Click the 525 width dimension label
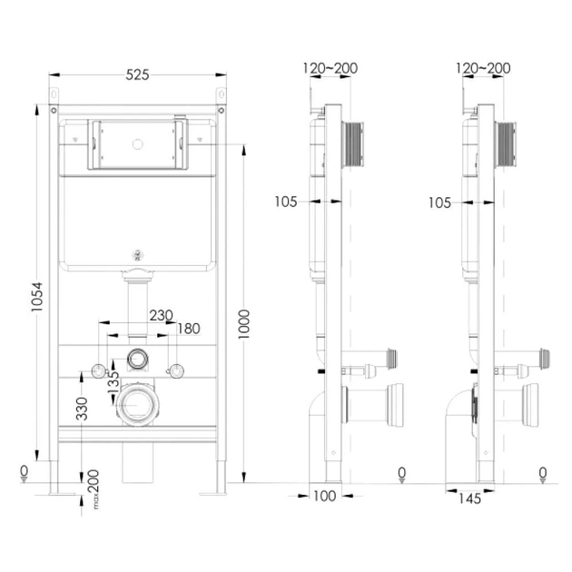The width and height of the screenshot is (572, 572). click(x=137, y=74)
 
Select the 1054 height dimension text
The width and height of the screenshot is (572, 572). click(x=37, y=297)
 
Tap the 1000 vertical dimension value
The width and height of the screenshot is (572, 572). click(x=243, y=324)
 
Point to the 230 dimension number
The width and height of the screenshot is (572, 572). click(x=162, y=315)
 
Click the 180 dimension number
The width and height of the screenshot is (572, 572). click(x=189, y=329)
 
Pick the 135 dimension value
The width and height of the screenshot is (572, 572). click(x=113, y=381)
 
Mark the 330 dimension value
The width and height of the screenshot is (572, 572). click(x=82, y=409)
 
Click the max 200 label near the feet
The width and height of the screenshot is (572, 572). click(x=94, y=489)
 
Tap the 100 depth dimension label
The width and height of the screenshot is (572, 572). click(x=325, y=496)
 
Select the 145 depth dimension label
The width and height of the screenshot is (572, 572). click(x=470, y=498)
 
